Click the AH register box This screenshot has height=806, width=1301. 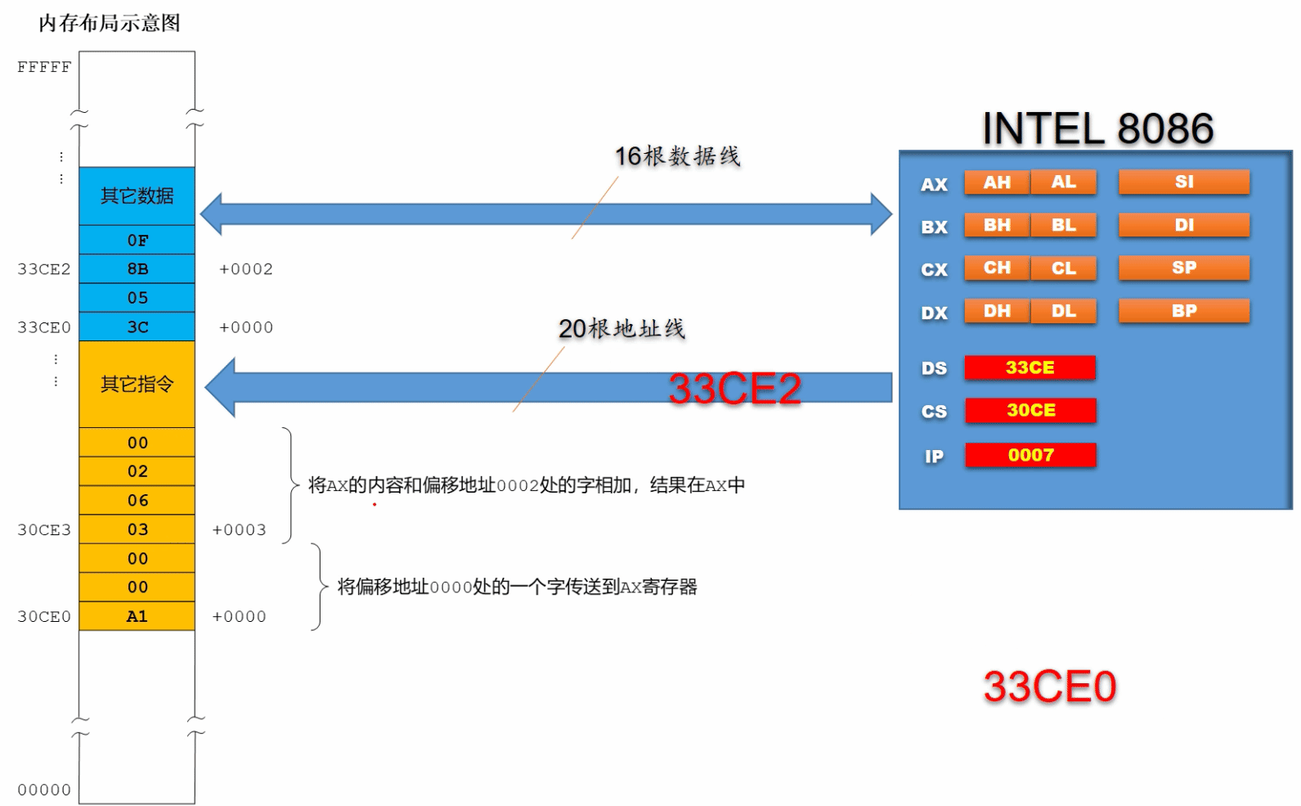997,182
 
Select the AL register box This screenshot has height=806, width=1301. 1064,182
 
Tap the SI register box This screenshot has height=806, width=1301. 1184,182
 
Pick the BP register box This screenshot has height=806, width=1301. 1184,311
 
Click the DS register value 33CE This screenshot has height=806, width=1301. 1030,367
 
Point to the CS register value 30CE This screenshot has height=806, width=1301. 1030,410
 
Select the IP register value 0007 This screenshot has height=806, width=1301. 1030,455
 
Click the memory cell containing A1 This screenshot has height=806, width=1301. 137,616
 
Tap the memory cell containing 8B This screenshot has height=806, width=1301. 137,268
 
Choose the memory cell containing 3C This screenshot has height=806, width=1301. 137,326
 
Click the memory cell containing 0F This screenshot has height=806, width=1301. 137,240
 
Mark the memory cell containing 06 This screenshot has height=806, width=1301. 137,500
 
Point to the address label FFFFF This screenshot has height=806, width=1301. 44,67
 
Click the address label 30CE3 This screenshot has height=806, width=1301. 44,530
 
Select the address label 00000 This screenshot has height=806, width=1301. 44,790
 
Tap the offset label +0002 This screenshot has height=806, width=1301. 245,269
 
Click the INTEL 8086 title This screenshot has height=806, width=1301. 1097,128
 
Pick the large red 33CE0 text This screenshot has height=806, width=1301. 1049,687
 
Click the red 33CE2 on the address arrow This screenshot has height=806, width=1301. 734,388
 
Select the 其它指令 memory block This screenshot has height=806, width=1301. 137,384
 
